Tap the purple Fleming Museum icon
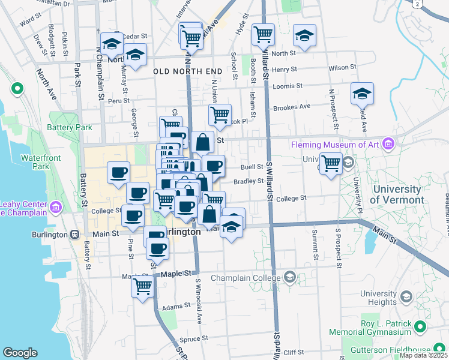[x=388, y=144]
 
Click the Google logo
[x=20, y=353]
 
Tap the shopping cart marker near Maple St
[x=142, y=286]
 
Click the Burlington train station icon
[x=75, y=235]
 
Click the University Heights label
[x=378, y=298]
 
